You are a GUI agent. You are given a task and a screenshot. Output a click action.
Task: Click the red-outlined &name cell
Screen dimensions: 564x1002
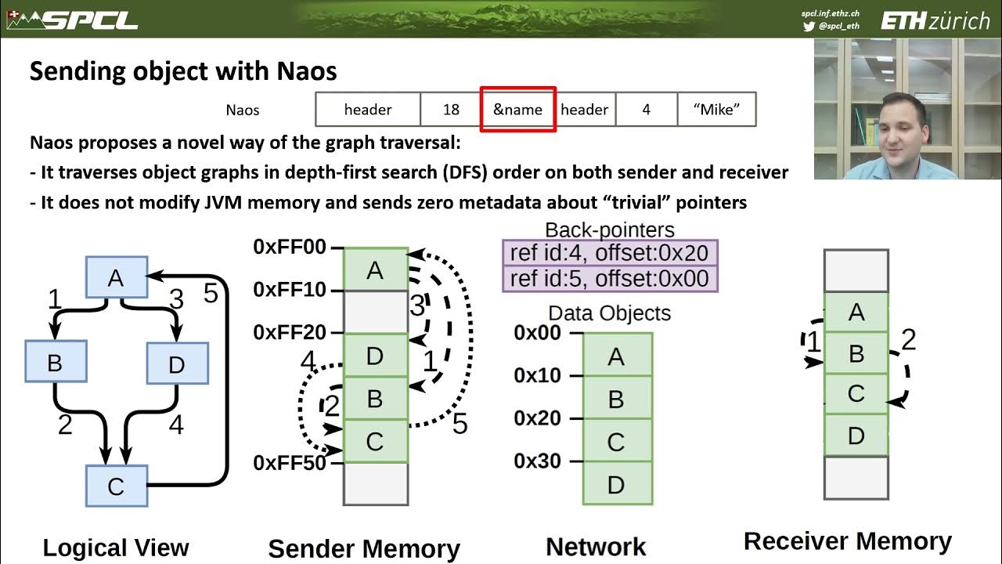coord(517,110)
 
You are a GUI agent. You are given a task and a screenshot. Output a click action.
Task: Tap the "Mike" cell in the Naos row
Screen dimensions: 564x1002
coord(716,110)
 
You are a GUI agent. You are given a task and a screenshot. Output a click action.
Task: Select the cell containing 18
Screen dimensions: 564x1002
coord(451,110)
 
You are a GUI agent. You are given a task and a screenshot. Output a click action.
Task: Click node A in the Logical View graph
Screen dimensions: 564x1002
coord(116,277)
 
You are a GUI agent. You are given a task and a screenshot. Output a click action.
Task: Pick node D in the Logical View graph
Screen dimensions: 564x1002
coord(177,363)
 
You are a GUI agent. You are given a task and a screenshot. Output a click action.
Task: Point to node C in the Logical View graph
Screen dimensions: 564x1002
coord(116,486)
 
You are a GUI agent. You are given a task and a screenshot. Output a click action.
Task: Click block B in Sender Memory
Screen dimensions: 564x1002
coord(375,399)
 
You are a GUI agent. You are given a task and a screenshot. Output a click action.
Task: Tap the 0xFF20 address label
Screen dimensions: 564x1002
coord(290,333)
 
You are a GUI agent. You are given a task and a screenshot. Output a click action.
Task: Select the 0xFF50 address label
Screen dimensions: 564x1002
coord(290,463)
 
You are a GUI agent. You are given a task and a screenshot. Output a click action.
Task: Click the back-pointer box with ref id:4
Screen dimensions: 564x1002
coord(610,253)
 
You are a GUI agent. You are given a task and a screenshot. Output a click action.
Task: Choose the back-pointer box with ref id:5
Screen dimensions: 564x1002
coord(610,278)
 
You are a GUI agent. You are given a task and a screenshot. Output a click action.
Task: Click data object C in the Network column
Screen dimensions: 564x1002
coord(617,442)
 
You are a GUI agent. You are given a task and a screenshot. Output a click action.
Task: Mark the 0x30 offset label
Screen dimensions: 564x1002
coord(539,461)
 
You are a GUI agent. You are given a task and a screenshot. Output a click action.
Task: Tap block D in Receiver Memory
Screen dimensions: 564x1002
coord(856,435)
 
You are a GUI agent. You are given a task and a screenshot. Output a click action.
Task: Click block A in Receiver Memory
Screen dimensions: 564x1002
coord(856,313)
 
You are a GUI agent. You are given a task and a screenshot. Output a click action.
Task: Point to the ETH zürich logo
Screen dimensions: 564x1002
coord(935,20)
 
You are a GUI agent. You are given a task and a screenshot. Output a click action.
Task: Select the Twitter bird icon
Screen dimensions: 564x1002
coord(809,26)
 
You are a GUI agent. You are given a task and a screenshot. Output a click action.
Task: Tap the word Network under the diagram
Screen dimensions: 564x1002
coord(596,547)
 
